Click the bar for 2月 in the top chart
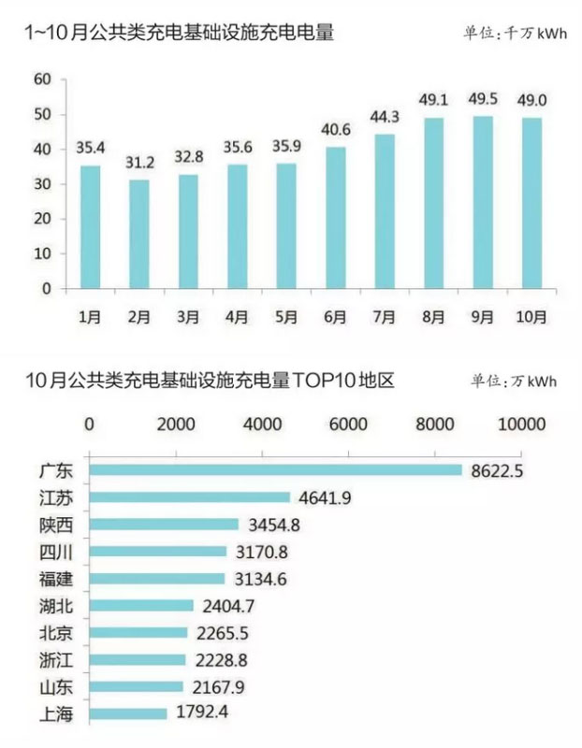pyautogui.click(x=138, y=234)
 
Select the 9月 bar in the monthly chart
pyautogui.click(x=482, y=202)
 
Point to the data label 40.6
pyautogui.click(x=335, y=132)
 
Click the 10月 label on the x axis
pyautogui.click(x=530, y=317)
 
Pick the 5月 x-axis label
pyautogui.click(x=286, y=317)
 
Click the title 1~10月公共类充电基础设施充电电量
pyautogui.click(x=179, y=33)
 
